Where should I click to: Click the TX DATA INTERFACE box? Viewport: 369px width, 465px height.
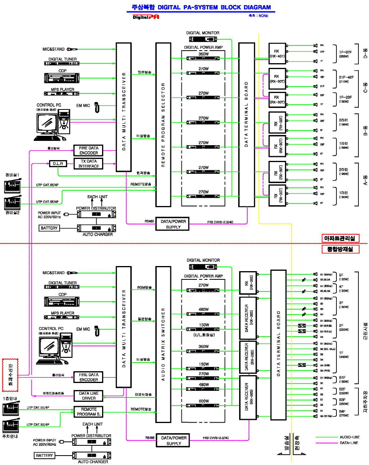click(88, 164)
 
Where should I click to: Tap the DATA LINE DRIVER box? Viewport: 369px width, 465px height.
click(88, 396)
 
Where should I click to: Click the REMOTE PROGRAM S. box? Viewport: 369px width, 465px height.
click(88, 412)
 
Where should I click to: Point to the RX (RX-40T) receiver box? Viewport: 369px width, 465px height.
click(276, 53)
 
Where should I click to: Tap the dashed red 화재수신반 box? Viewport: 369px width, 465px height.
click(10, 375)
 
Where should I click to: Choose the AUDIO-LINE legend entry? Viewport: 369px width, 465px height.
click(347, 436)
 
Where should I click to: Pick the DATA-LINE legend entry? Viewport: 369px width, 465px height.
click(347, 443)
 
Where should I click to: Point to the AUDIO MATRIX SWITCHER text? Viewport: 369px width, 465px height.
click(163, 344)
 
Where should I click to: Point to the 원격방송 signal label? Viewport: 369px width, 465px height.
click(143, 173)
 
